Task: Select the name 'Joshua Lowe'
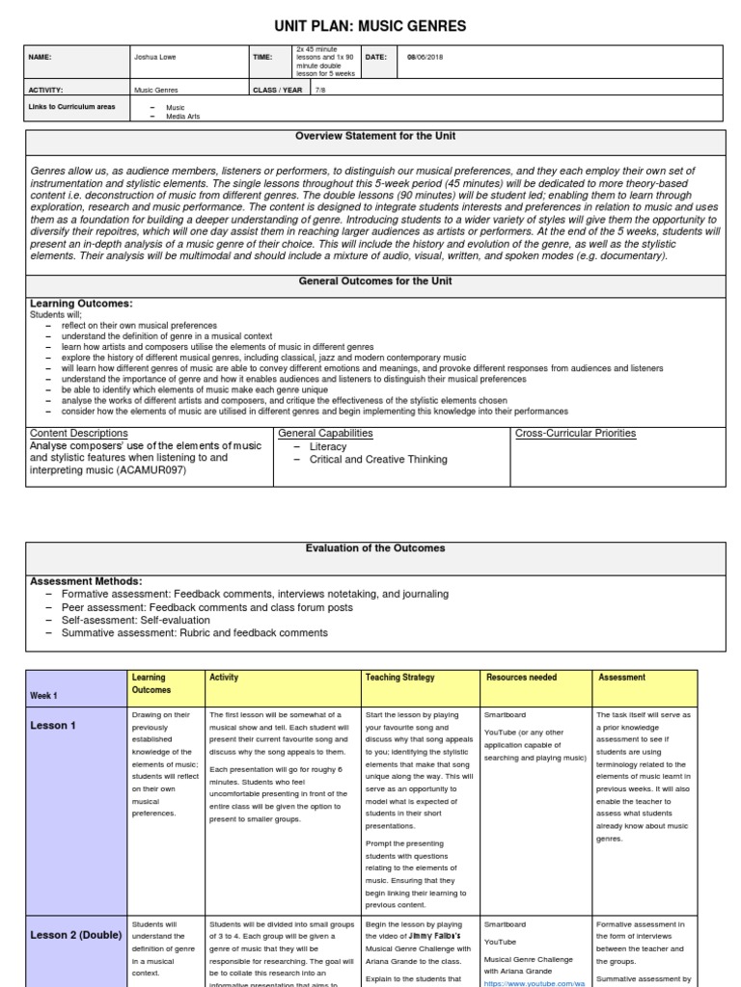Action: click(156, 57)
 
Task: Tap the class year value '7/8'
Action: click(319, 90)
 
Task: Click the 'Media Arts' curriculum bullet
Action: click(184, 116)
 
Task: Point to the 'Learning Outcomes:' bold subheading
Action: click(82, 303)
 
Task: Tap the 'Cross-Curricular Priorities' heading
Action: click(576, 434)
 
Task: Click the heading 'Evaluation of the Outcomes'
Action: click(375, 548)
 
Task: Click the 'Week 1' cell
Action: click(44, 695)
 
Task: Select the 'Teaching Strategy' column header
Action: click(399, 678)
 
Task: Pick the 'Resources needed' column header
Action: click(521, 678)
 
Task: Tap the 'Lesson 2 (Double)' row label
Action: click(76, 935)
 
